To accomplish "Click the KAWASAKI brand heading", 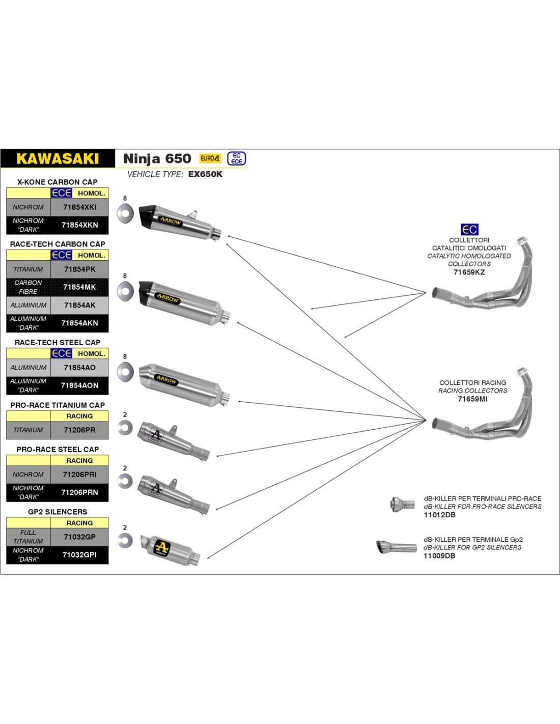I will point(58,158).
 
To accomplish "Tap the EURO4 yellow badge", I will point(210,158).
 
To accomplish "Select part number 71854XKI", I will point(79,207).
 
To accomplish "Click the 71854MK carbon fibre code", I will point(79,287).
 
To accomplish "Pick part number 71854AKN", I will point(79,323).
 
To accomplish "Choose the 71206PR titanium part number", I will point(79,430).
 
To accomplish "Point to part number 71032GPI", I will point(79,555).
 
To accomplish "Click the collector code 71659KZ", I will point(469,272).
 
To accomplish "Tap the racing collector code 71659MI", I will point(472,399).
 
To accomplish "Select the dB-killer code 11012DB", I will point(439,515).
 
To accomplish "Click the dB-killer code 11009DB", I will point(439,556).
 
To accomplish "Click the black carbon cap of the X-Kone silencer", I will point(148,215).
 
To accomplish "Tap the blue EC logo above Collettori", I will point(469,230).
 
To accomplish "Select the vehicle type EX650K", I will point(205,174).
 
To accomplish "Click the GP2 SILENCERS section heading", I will point(58,512).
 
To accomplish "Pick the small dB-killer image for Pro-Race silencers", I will point(403,505).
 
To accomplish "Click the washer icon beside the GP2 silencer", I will point(125,541).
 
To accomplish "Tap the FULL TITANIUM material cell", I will point(29,537).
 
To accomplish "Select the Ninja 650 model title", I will point(157,158).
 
